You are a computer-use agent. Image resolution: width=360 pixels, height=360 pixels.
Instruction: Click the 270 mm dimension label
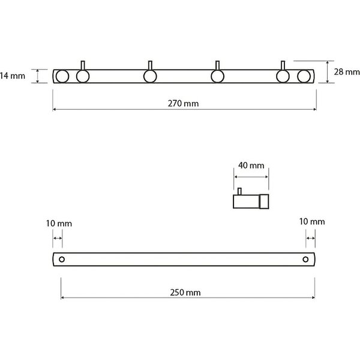click(183, 104)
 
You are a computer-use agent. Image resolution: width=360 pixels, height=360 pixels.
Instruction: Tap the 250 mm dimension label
click(185, 293)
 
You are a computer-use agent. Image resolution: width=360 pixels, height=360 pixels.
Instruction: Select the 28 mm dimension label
click(347, 72)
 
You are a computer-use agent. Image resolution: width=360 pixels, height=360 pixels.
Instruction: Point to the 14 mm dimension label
click(13, 76)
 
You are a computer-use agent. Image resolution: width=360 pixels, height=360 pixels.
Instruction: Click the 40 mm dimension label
click(251, 166)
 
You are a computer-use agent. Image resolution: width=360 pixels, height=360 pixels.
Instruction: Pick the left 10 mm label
click(59, 223)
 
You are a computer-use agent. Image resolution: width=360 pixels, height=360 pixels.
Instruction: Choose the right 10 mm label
click(312, 221)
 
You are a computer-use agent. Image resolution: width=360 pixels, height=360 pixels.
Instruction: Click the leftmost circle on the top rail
click(62, 76)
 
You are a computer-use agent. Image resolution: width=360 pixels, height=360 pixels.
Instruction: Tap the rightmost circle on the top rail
click(304, 76)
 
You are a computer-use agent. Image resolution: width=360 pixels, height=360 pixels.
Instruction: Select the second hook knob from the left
click(150, 76)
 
